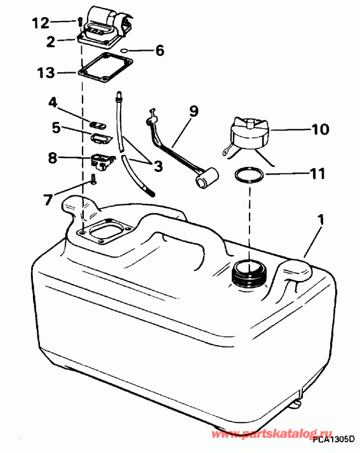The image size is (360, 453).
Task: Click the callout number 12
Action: [40, 23]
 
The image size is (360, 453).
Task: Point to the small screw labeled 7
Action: [93, 180]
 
